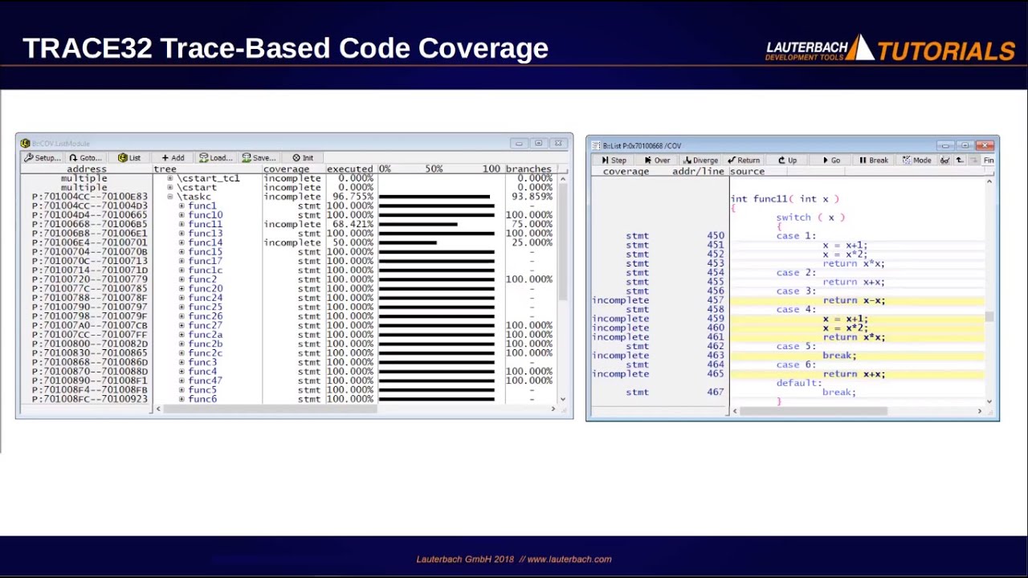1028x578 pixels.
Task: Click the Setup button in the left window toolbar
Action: click(43, 158)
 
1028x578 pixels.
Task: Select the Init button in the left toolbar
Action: click(303, 158)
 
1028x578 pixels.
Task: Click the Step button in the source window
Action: click(614, 161)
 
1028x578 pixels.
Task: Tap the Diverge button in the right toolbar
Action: click(700, 161)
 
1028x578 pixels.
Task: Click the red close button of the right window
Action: click(985, 145)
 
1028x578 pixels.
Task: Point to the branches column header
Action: click(528, 169)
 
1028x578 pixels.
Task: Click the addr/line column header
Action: click(698, 172)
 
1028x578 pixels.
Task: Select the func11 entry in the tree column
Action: click(205, 224)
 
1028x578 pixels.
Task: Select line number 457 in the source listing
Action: click(715, 300)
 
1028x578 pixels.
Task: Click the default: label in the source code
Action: click(798, 383)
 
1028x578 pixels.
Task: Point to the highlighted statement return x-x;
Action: click(853, 300)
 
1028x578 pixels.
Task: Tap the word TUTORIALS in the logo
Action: click(946, 51)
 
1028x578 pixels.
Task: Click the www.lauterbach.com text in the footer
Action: click(569, 560)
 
